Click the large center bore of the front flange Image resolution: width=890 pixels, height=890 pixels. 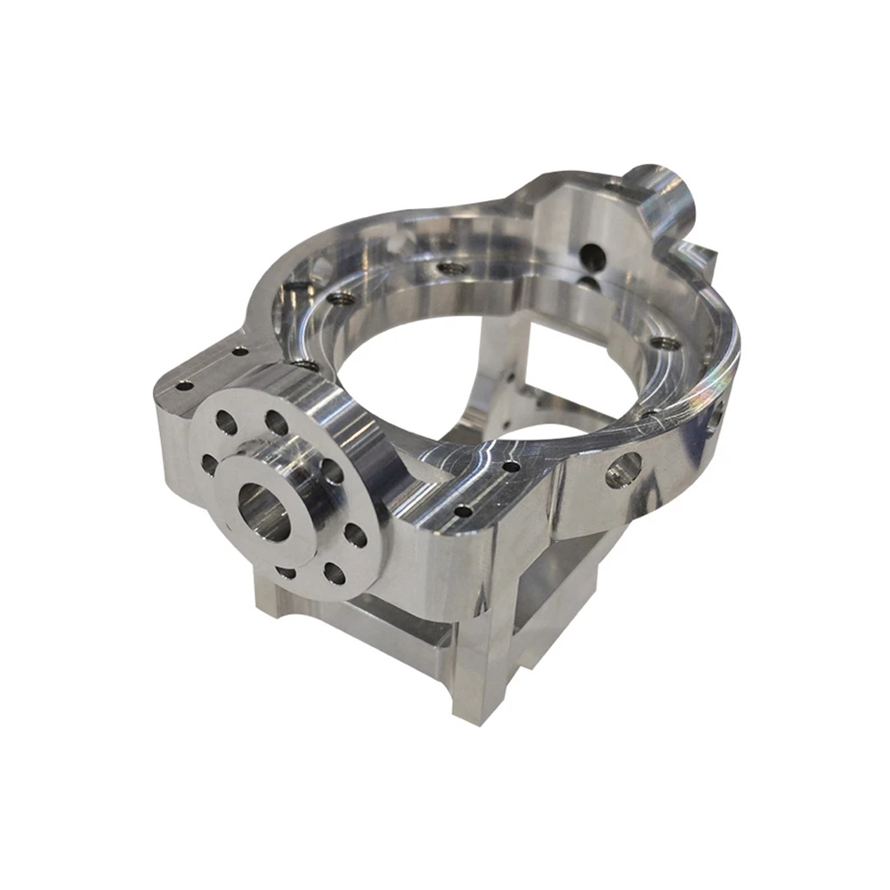(265, 515)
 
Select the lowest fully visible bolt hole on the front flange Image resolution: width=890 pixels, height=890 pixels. (334, 573)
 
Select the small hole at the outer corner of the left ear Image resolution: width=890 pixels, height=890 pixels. (185, 386)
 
